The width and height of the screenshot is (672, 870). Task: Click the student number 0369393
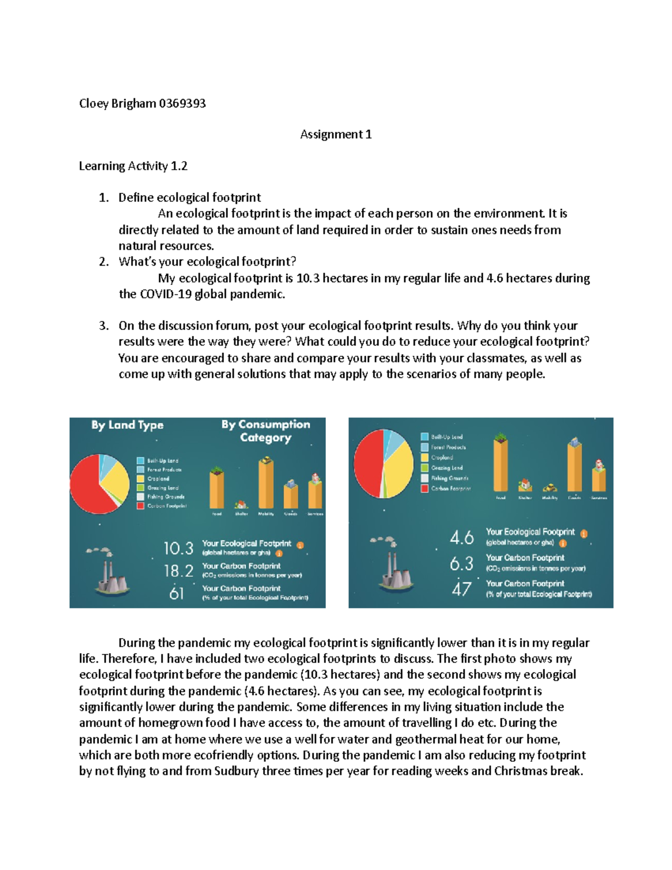pyautogui.click(x=182, y=104)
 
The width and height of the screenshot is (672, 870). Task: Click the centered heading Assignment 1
pyautogui.click(x=335, y=134)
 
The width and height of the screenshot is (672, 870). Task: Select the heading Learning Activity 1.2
pyautogui.click(x=133, y=166)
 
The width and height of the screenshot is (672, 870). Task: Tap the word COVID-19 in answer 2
pyautogui.click(x=165, y=295)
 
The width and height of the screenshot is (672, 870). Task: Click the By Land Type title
pyautogui.click(x=127, y=425)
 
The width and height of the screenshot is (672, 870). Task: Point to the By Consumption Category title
pyautogui.click(x=265, y=431)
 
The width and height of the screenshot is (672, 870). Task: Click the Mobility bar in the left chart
pyautogui.click(x=265, y=484)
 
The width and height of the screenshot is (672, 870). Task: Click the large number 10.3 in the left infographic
pyautogui.click(x=178, y=548)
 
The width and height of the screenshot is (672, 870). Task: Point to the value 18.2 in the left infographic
pyautogui.click(x=178, y=571)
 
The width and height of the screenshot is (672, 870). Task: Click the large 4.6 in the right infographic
pyautogui.click(x=461, y=538)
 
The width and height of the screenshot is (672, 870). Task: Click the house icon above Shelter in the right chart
pyautogui.click(x=525, y=485)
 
